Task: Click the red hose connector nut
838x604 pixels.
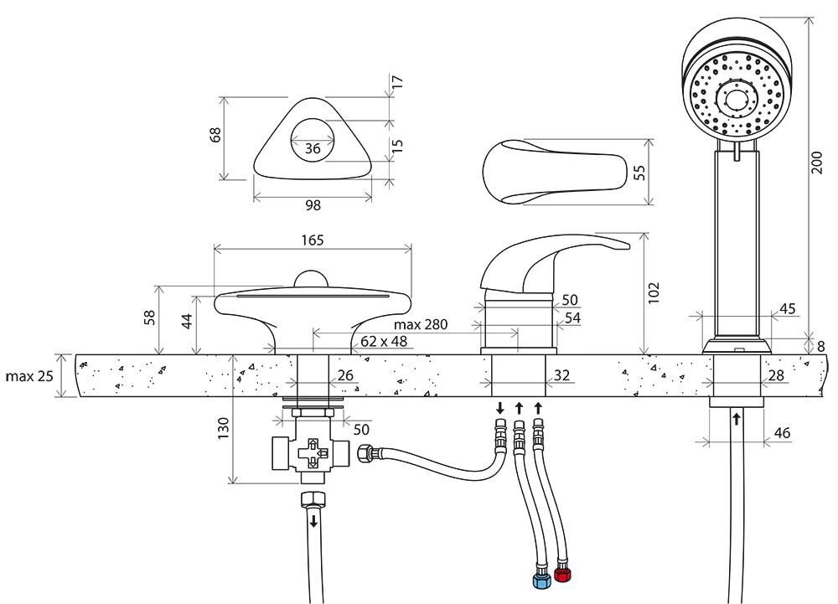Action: click(562, 575)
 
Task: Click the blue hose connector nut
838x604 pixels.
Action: click(541, 579)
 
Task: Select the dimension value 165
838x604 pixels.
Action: click(313, 240)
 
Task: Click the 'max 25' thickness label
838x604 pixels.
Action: click(29, 375)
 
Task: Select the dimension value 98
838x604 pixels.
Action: click(313, 204)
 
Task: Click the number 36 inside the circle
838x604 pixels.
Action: click(313, 148)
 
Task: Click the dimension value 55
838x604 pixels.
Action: click(639, 173)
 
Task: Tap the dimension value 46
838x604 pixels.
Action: click(781, 433)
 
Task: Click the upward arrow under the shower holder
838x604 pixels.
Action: click(737, 417)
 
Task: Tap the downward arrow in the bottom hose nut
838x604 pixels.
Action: click(314, 521)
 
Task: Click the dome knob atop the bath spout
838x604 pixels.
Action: click(313, 281)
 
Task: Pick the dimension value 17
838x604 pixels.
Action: click(398, 83)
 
